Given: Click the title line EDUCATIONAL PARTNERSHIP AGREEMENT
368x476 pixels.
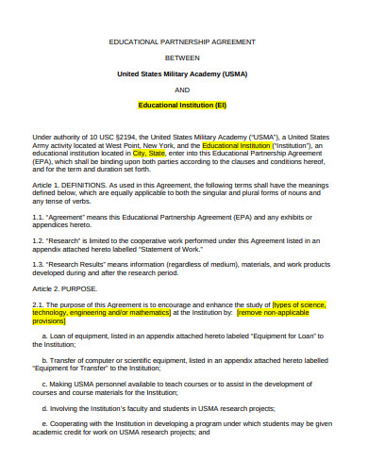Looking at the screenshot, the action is point(182,42).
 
